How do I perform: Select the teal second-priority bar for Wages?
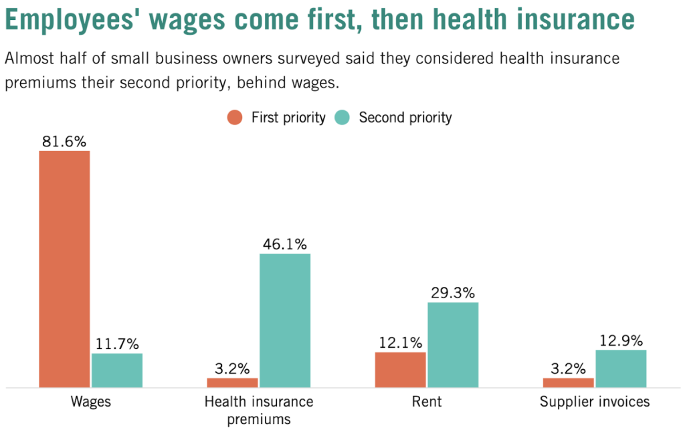click(x=117, y=370)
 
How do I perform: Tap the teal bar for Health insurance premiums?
click(x=285, y=320)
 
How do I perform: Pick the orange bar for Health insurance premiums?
click(x=232, y=383)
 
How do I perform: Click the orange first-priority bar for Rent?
click(x=400, y=369)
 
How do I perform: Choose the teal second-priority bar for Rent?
click(x=453, y=344)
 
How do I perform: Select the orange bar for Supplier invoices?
click(x=568, y=383)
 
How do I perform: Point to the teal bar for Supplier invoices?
click(x=621, y=368)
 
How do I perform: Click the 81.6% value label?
click(x=64, y=142)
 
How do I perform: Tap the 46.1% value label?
click(x=285, y=244)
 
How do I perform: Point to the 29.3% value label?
click(x=453, y=293)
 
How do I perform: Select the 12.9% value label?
click(x=621, y=340)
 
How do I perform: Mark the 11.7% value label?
click(x=117, y=344)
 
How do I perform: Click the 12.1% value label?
click(x=400, y=343)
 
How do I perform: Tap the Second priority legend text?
click(x=405, y=118)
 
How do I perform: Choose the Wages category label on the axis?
click(x=90, y=402)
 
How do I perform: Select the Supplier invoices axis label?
click(x=595, y=402)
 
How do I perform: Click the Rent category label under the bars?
click(x=427, y=402)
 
